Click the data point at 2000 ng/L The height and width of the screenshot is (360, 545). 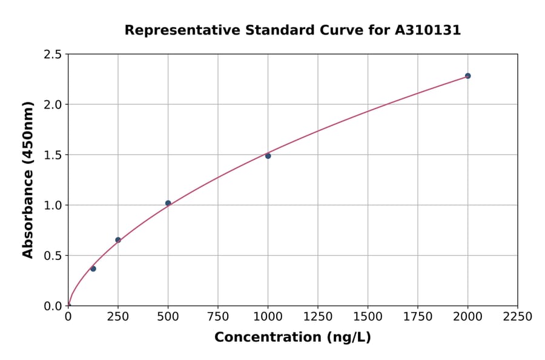[467, 76]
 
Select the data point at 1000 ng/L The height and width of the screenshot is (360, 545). [268, 156]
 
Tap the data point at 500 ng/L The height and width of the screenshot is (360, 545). [168, 203]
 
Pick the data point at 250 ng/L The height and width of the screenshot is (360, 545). [118, 240]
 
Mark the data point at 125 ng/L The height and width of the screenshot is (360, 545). [93, 268]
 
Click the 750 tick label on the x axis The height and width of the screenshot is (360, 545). [218, 317]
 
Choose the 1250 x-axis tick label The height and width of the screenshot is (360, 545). [318, 317]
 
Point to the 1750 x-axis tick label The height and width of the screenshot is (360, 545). [418, 317]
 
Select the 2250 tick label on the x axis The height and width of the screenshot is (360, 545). [517, 317]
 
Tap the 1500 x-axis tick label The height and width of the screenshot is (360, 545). [368, 317]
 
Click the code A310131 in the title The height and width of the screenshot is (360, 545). [428, 30]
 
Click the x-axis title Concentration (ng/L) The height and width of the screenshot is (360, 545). [292, 338]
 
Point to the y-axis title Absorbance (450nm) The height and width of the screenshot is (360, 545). [28, 180]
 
